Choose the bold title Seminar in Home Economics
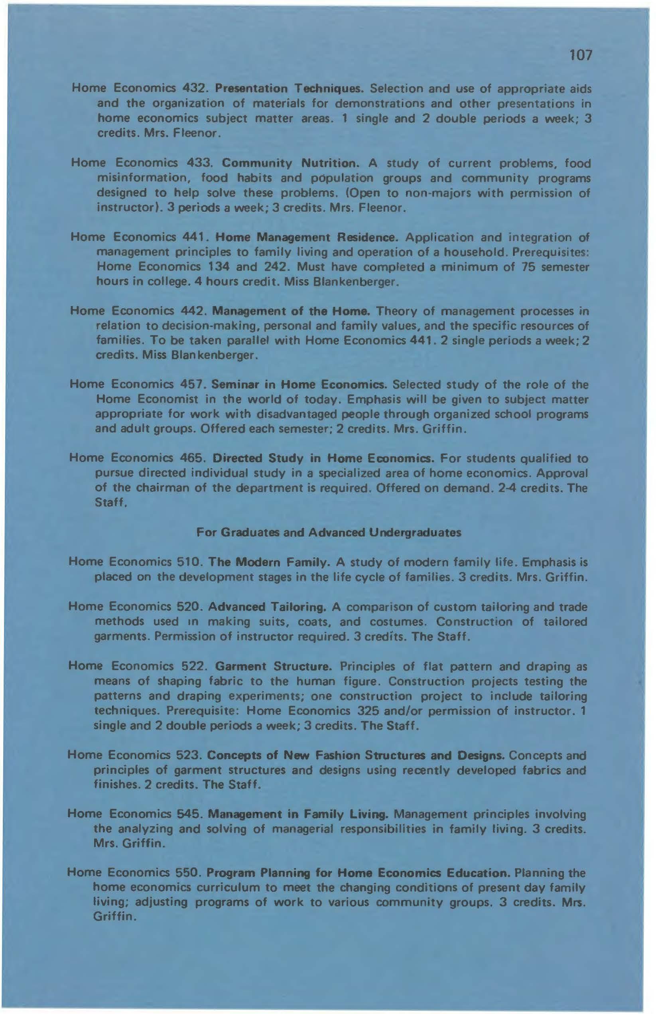[299, 385]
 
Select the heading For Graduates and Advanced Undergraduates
[329, 533]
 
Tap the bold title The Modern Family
[268, 562]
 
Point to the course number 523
[188, 756]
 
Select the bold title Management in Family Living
[297, 814]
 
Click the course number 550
[188, 873]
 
